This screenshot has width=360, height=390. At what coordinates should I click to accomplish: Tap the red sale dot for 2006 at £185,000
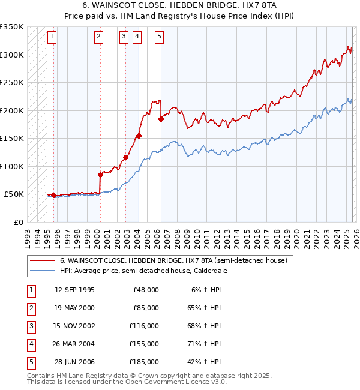[161, 119]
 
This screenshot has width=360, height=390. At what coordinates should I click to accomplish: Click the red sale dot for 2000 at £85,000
[100, 175]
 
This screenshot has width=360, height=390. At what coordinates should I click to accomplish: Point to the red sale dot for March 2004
[139, 136]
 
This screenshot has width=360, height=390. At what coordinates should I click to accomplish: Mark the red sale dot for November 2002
[125, 157]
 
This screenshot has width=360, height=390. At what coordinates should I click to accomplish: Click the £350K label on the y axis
[12, 27]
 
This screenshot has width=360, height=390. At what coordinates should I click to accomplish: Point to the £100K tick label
[12, 166]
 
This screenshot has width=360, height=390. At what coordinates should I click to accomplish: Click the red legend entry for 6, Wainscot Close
[173, 260]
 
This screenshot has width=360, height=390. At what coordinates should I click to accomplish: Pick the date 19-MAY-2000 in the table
[74, 308]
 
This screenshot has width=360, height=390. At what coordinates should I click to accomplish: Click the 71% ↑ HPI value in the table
[205, 344]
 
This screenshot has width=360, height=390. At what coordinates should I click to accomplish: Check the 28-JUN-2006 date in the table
[74, 362]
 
